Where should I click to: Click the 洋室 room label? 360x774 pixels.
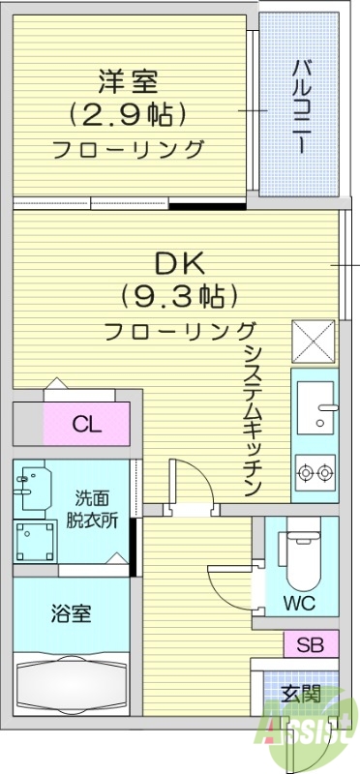coord(126,79)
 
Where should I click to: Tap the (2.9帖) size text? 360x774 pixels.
coord(126,114)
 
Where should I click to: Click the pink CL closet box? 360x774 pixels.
coord(86,423)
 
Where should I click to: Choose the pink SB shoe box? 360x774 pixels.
coord(311,643)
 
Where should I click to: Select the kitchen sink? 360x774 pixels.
coord(315,407)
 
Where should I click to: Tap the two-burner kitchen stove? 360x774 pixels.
coord(315,473)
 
